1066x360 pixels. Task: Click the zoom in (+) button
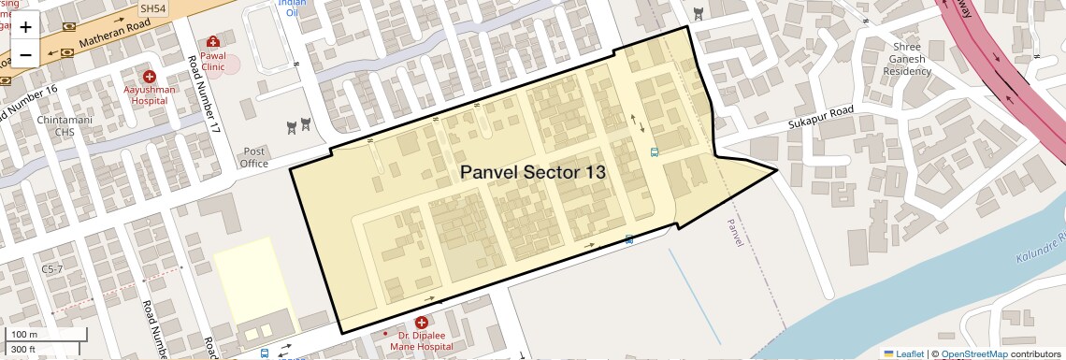click(x=25, y=28)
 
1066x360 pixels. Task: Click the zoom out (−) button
click(x=25, y=54)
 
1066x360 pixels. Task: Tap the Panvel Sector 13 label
click(x=533, y=173)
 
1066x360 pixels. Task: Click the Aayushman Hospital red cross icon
click(x=149, y=76)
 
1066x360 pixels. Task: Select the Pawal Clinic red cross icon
click(x=213, y=42)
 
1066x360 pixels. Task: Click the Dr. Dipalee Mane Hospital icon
click(x=422, y=323)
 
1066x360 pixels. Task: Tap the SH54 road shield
click(x=152, y=7)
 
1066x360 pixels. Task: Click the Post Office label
click(x=254, y=157)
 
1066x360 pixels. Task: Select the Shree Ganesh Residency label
click(x=907, y=59)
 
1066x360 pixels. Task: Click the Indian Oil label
click(x=292, y=8)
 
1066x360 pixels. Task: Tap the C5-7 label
click(x=52, y=268)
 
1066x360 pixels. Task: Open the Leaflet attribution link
click(x=903, y=353)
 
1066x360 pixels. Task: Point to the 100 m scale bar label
click(x=23, y=335)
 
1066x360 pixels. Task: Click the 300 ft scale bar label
click(x=23, y=350)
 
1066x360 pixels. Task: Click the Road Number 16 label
click(x=28, y=106)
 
